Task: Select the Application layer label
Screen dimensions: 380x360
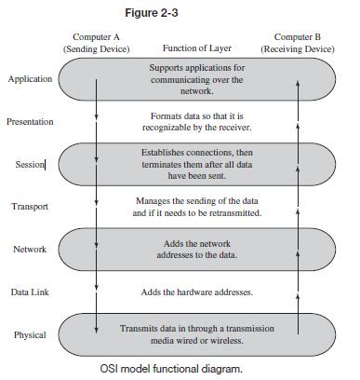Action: click(30, 79)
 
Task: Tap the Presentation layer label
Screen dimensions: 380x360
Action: click(30, 121)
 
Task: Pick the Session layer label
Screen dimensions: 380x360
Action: click(31, 164)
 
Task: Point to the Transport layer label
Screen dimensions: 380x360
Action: click(30, 207)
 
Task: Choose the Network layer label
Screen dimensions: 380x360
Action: click(30, 250)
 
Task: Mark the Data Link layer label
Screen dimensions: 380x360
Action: click(30, 292)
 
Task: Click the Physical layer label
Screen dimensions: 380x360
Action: click(30, 334)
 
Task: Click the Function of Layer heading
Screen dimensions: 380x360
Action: click(196, 48)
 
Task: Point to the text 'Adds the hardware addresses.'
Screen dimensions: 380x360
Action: click(196, 292)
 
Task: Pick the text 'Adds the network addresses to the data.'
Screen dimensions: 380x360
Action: click(196, 249)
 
